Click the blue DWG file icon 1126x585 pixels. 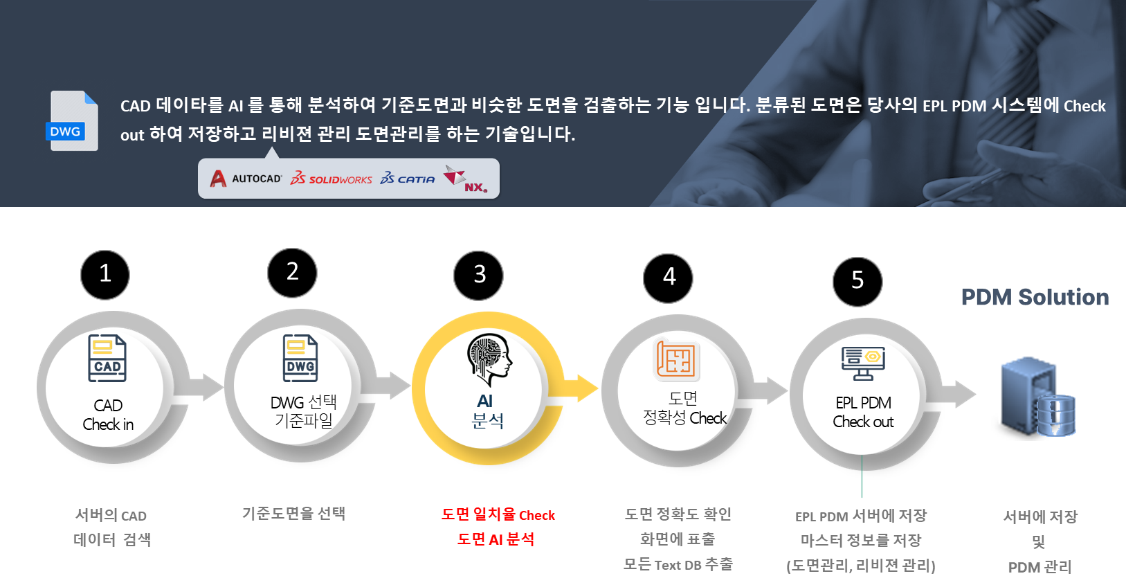pos(73,121)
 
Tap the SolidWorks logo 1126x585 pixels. pos(332,179)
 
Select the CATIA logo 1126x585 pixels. pos(408,179)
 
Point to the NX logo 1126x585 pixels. pos(465,179)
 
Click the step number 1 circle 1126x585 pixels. pos(105,274)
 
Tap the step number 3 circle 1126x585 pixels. pos(479,275)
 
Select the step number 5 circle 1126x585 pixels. pos(857,280)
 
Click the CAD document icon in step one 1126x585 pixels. pos(107,358)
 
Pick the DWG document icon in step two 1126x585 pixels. pos(300,358)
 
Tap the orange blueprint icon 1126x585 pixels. pos(676,360)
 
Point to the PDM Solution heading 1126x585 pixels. pos(1035,297)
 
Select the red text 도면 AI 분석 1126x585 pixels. pos(496,539)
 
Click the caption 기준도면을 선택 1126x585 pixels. pos(293,513)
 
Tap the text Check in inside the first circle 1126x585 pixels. pos(108,424)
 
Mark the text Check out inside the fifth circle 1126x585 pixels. pos(863,422)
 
